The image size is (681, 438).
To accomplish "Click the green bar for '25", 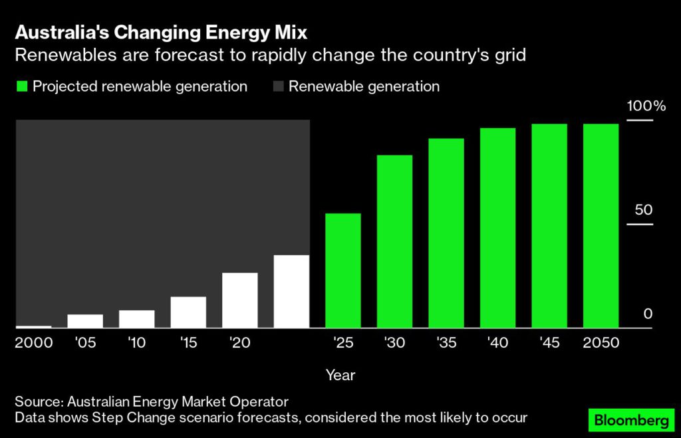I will [342, 271].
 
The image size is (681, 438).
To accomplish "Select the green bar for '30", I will [394, 241].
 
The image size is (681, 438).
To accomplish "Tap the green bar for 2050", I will [601, 226].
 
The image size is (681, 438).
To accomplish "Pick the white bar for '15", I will [188, 312].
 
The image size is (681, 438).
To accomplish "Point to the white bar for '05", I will [85, 321].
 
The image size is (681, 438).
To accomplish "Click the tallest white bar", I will [291, 291].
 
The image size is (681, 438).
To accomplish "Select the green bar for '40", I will [497, 228].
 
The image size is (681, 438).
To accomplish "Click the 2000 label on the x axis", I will [34, 344].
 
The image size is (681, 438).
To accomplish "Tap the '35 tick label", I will [446, 344].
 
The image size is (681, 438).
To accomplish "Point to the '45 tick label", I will [549, 344].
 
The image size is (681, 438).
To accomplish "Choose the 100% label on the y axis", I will [643, 106].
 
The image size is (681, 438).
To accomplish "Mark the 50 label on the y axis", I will [644, 210].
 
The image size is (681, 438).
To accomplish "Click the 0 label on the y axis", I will [648, 314].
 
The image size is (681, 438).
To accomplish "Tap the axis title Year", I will [340, 375].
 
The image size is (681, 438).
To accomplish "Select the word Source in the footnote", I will [37, 401].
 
